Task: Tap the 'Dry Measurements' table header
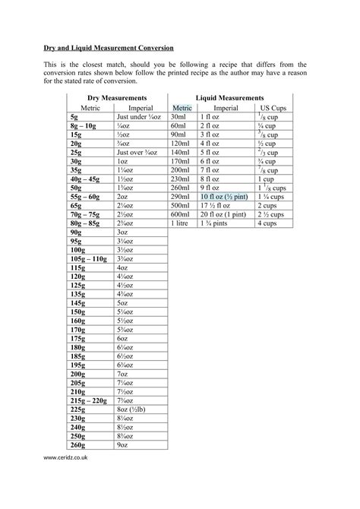(x=116, y=98)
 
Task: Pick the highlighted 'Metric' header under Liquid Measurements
(x=182, y=108)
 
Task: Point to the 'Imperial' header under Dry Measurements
(x=139, y=108)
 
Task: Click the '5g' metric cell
(x=74, y=118)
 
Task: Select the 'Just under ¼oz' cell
(x=137, y=118)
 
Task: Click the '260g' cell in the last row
(x=77, y=444)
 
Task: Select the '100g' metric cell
(x=77, y=248)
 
